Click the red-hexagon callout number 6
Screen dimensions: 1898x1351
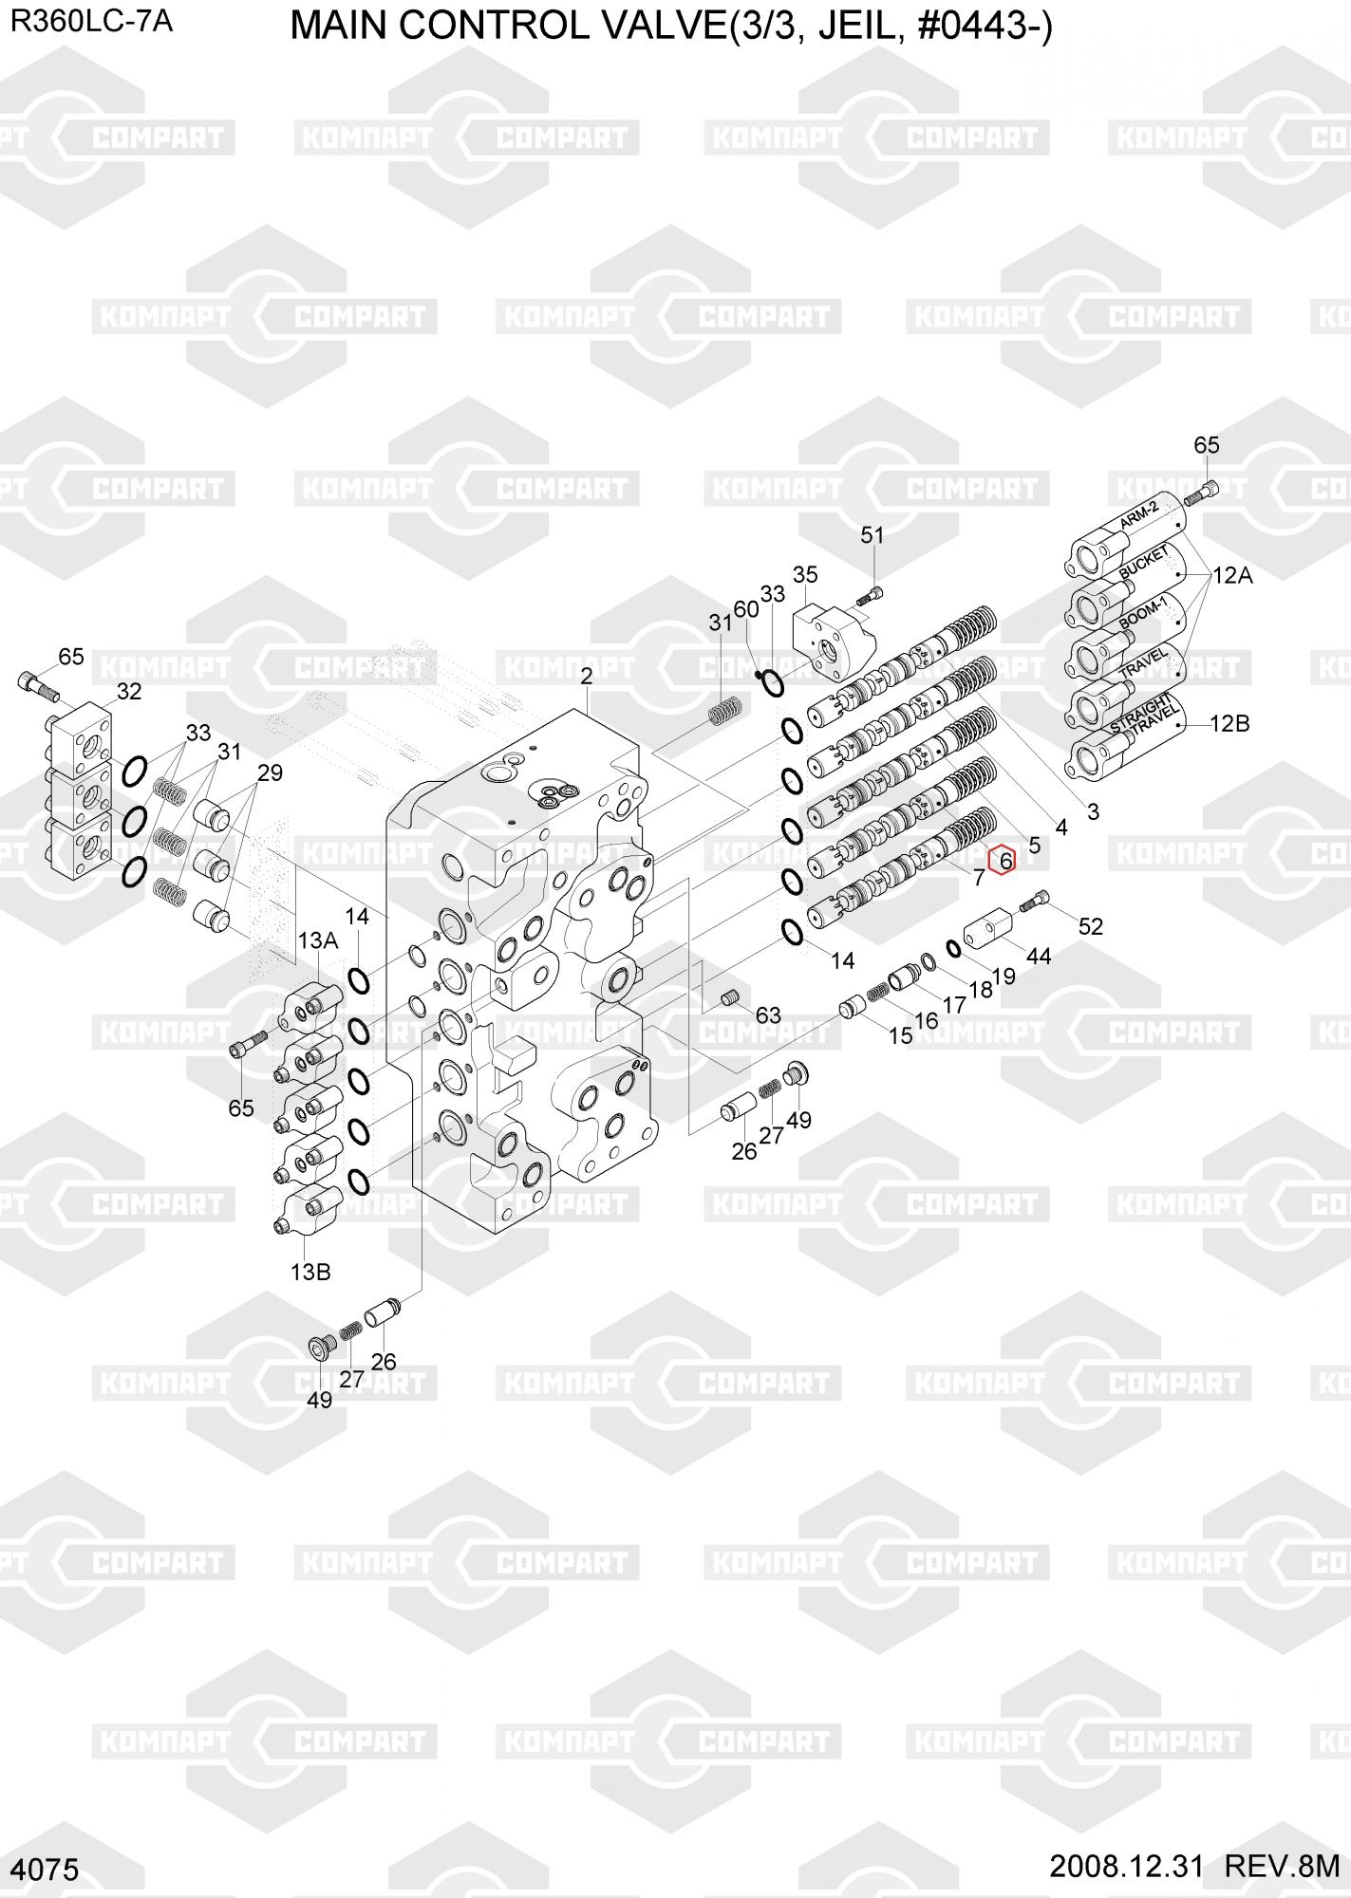pos(1003,861)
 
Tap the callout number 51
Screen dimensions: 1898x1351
pos(872,535)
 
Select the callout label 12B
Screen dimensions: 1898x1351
pos(1229,723)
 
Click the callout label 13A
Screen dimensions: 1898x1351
pos(318,940)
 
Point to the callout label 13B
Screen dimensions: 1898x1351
pos(310,1273)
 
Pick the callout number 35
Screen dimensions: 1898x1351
pos(805,574)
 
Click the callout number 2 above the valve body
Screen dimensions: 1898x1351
pos(586,676)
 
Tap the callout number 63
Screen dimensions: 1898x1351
pos(768,1015)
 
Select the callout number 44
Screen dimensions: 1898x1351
pos(1039,957)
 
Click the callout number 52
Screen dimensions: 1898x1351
pos(1091,926)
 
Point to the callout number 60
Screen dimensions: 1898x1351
pos(746,608)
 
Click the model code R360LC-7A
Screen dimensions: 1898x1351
pos(91,21)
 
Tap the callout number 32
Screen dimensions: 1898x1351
pos(128,692)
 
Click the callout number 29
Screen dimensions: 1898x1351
pos(270,773)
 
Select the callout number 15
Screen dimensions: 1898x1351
pos(900,1035)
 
